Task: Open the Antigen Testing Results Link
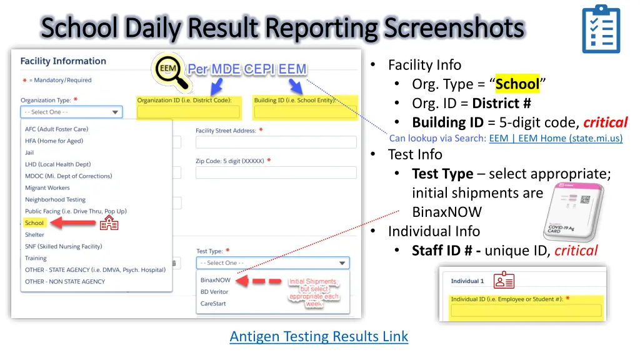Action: click(x=319, y=336)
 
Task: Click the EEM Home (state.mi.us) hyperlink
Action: click(x=556, y=138)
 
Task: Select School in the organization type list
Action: click(x=34, y=223)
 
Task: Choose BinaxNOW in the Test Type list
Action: click(x=215, y=280)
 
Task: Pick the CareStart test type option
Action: click(x=213, y=304)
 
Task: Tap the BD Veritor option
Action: click(x=214, y=292)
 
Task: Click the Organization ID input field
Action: click(x=188, y=112)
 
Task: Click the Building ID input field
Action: click(x=304, y=112)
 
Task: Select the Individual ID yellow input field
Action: click(x=526, y=311)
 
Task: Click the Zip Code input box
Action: click(x=276, y=172)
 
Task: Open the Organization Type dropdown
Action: click(x=71, y=112)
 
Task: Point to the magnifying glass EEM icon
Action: click(x=170, y=70)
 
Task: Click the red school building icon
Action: click(x=109, y=222)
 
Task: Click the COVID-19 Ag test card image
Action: click(x=573, y=213)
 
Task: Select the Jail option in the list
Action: click(x=30, y=152)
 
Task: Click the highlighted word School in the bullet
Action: click(x=517, y=84)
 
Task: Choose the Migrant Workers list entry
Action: click(x=47, y=187)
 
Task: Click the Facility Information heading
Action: click(x=63, y=61)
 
